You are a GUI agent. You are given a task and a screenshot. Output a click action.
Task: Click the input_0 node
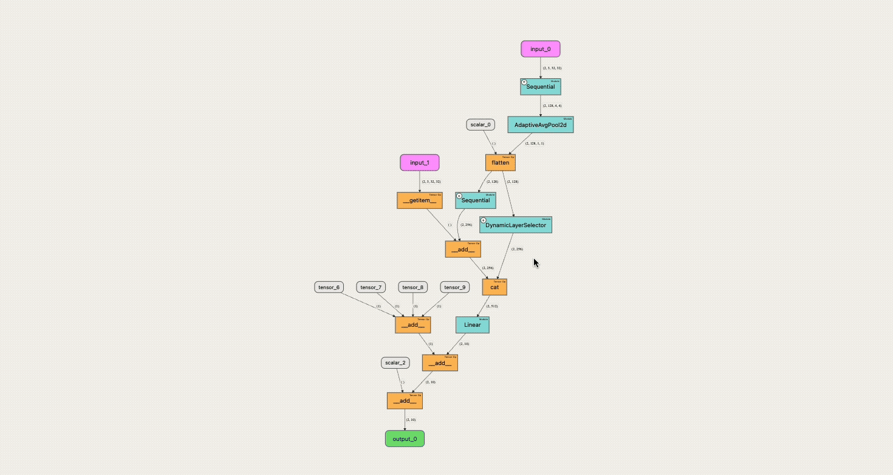540,49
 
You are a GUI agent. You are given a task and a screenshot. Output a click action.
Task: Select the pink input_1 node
419,163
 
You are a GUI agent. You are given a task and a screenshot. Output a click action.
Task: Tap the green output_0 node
405,439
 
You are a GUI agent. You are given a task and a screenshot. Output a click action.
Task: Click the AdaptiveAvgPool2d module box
540,125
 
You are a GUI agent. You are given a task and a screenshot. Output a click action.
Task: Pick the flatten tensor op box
500,163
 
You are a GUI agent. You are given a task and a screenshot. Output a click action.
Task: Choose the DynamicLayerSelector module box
515,225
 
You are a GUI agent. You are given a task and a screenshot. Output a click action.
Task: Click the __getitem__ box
419,200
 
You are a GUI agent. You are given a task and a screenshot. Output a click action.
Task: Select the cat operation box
494,287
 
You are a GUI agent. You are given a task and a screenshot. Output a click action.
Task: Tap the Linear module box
472,325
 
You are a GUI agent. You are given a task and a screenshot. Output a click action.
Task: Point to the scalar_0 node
481,125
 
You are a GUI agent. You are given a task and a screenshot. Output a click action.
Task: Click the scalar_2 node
395,363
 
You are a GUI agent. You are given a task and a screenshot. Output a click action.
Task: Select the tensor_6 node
329,287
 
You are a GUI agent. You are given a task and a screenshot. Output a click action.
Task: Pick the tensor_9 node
455,287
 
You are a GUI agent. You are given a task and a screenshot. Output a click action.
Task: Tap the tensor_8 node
414,287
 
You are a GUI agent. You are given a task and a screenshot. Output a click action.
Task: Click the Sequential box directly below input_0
540,87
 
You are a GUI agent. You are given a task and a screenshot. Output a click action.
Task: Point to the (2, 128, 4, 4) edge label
552,106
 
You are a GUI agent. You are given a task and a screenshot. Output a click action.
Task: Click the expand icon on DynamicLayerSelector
484,220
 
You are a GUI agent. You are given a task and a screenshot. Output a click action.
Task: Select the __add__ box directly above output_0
405,401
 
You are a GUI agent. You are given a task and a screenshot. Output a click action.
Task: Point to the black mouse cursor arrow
536,262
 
